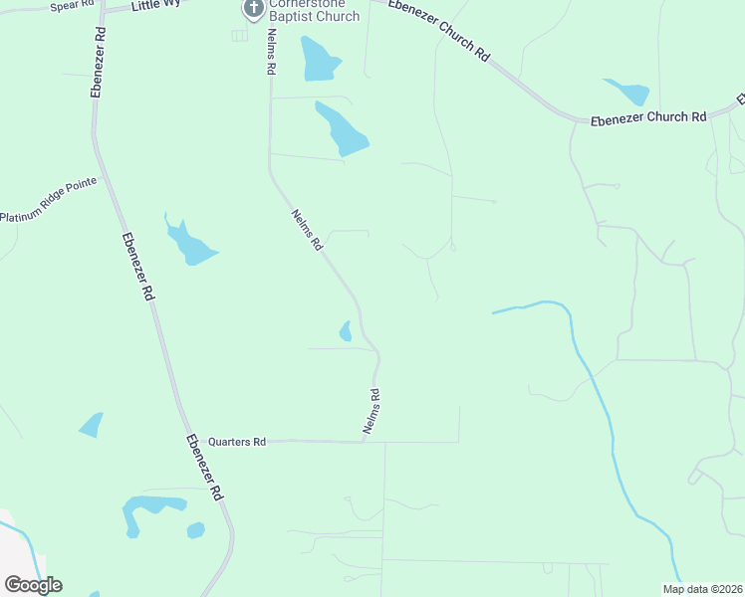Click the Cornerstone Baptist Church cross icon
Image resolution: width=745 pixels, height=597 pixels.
[253, 9]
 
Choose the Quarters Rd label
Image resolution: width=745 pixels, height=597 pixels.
[237, 442]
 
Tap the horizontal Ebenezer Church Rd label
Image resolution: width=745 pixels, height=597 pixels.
[647, 117]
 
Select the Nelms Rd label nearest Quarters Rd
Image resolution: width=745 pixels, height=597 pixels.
[372, 411]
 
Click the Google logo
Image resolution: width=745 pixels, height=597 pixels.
[33, 584]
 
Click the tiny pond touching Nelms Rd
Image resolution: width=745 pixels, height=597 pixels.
[346, 331]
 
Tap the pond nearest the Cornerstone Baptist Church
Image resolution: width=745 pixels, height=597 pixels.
[319, 60]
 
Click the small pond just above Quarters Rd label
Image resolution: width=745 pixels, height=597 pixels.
[91, 425]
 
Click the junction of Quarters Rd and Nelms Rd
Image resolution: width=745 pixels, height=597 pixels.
[366, 441]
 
